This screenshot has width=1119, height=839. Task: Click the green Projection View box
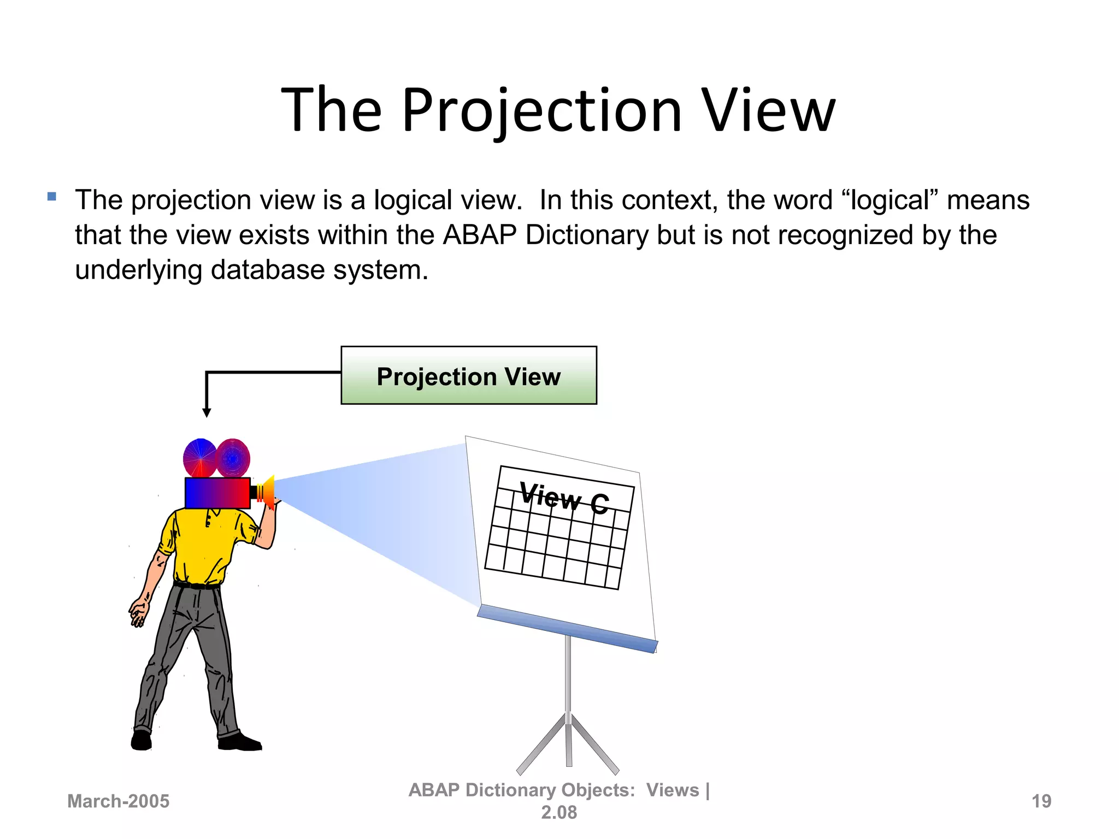(468, 376)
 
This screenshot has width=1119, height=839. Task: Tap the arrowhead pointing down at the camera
(207, 412)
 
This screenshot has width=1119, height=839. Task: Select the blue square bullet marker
(52, 197)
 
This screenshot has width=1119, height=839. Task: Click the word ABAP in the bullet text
(479, 235)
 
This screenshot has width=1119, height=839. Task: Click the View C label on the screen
(563, 497)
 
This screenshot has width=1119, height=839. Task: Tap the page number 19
(1041, 801)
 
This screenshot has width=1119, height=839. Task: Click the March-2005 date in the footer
(118, 801)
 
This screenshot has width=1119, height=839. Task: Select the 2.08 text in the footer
(558, 813)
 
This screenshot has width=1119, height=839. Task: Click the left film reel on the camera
(199, 457)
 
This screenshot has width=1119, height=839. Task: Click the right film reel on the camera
(233, 457)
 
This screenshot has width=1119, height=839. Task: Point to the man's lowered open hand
(138, 612)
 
